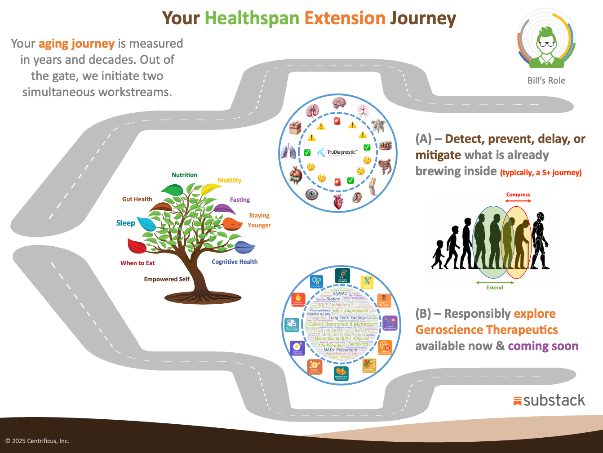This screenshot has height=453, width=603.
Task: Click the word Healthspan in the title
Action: click(x=252, y=18)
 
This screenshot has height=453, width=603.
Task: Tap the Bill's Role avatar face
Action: click(x=546, y=43)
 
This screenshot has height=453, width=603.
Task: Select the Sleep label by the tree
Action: click(x=125, y=223)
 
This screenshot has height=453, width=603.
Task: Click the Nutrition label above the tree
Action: click(x=184, y=175)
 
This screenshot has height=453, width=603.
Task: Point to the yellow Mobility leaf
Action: click(x=210, y=189)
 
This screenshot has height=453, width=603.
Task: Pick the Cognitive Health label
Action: click(x=235, y=262)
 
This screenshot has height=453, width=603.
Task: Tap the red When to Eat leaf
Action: click(x=137, y=246)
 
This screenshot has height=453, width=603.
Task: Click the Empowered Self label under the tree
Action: click(x=167, y=279)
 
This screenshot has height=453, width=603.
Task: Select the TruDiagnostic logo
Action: click(x=337, y=152)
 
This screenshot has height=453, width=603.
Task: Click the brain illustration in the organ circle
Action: click(x=338, y=104)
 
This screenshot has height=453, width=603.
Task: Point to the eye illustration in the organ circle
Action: click(x=311, y=194)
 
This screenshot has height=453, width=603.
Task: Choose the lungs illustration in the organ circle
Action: click(x=287, y=152)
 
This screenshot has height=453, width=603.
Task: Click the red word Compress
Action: click(x=518, y=195)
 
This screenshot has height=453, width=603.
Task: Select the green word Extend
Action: click(x=494, y=288)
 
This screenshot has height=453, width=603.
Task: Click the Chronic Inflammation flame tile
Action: click(x=298, y=300)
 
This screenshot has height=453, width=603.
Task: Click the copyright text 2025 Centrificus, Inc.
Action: click(x=37, y=441)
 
